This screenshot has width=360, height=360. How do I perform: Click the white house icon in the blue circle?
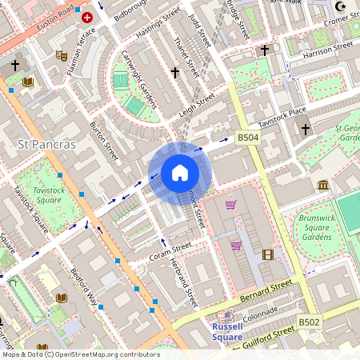click(x=180, y=173)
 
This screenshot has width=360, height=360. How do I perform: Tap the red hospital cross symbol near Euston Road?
click(x=87, y=17)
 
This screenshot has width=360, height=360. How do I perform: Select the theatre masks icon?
click(x=61, y=56)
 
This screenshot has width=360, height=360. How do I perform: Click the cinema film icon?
click(x=267, y=254)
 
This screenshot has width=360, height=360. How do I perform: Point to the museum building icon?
click(x=323, y=186)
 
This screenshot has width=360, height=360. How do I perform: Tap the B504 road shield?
click(x=248, y=138)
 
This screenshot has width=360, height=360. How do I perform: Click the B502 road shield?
click(x=309, y=322)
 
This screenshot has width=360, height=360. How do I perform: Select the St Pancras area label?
click(x=46, y=144)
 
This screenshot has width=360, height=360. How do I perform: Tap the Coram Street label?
click(x=170, y=253)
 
